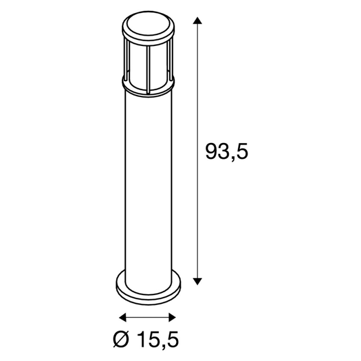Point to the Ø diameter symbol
[124, 341]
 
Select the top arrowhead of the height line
[197, 22]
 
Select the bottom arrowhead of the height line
[197, 280]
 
